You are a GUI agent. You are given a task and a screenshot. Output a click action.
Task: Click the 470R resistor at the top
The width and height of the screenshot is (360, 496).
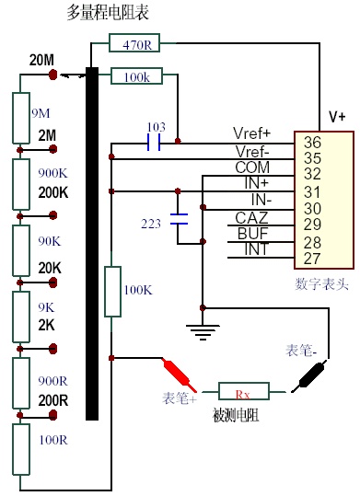pos(134,42)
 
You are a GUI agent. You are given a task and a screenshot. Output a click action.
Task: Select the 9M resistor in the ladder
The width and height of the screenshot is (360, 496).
pos(21,118)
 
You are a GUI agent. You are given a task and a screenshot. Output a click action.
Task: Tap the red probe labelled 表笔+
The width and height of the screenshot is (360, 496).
pos(180,375)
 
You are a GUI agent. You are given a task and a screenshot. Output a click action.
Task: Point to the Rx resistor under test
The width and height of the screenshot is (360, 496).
pos(244,392)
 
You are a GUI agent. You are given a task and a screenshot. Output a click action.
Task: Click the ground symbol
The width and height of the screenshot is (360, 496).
pos(203,332)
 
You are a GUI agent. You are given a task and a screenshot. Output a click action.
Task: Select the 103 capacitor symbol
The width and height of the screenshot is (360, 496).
pos(154,143)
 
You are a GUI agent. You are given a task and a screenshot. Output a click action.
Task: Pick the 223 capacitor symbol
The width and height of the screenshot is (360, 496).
pos(179,219)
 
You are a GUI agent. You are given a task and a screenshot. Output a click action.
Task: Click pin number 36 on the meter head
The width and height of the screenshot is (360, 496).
pos(312,143)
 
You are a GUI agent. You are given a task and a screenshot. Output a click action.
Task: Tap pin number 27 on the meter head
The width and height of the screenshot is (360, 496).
pos(312,259)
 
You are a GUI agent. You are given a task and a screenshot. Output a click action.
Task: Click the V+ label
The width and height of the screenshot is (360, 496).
pos(337,117)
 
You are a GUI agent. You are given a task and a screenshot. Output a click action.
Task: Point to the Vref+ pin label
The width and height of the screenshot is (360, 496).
pos(252,133)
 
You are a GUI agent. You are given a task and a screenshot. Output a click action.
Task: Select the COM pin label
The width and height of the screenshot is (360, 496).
pos(252,167)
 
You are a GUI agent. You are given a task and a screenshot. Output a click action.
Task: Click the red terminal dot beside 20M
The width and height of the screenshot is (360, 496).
pos(53,75)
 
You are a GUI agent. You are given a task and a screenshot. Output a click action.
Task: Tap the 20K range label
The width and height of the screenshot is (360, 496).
pos(50,268)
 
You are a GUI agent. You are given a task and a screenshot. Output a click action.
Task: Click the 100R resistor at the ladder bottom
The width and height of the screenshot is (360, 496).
pos(21,449)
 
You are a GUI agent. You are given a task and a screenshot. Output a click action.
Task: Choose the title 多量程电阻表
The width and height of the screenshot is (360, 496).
pos(108,13)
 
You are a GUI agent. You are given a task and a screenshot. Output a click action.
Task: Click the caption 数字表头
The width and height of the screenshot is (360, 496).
pos(321,283)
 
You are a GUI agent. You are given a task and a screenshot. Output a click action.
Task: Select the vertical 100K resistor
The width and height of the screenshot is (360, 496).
pos(112,292)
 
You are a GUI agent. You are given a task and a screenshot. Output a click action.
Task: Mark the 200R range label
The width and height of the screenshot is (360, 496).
pos(53,400)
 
